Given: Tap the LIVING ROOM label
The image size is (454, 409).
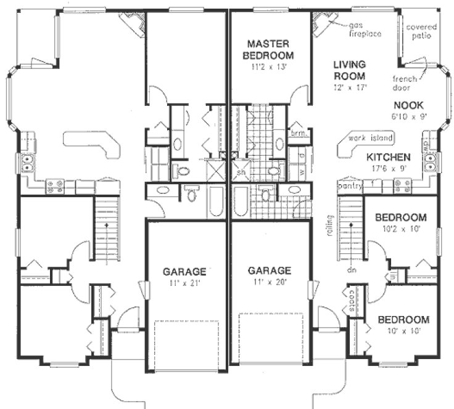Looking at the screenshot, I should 350,70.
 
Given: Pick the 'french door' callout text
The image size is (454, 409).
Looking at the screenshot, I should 407,83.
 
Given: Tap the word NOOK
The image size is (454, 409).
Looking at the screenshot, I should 408,105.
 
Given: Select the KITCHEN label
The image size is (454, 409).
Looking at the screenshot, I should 389,157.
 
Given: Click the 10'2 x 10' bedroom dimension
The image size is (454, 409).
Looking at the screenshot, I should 401,229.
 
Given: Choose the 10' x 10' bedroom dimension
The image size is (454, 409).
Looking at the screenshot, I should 403,331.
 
